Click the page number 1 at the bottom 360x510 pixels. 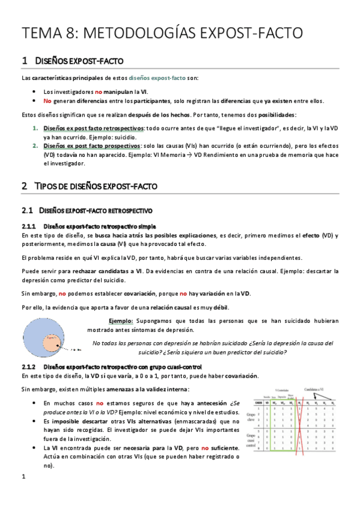pyautogui.click(x=23, y=494)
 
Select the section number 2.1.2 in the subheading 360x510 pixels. pyautogui.click(x=29, y=367)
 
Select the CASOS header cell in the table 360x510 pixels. pyautogui.click(x=258, y=402)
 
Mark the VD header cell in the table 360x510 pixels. pyautogui.click(x=267, y=402)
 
